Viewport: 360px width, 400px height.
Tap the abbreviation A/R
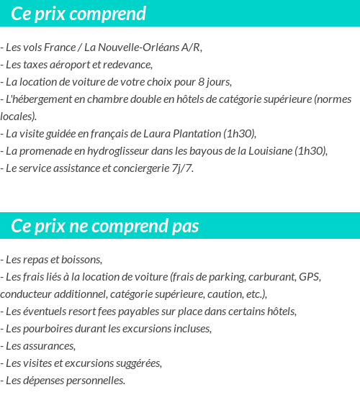pos(192,47)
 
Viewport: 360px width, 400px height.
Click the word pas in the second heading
pos(185,226)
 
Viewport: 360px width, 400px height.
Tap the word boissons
pos(81,259)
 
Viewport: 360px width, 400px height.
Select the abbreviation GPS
pos(310,276)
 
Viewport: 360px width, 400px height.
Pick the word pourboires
pos(50,328)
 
